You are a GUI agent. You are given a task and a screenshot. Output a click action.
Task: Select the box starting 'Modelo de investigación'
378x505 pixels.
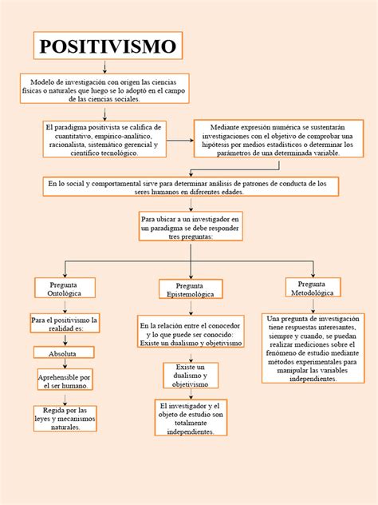coord(104,89)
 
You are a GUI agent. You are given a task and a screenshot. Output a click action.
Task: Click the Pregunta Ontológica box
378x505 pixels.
coord(65,288)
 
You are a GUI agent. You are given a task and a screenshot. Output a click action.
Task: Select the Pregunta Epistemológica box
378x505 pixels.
coord(190,290)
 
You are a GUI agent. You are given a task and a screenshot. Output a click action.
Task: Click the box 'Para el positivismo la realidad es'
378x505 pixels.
coord(65,324)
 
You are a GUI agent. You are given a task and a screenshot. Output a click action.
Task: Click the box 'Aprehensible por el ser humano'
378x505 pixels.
coord(65,380)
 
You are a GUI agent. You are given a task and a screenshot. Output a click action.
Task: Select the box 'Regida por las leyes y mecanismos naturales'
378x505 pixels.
coord(65,418)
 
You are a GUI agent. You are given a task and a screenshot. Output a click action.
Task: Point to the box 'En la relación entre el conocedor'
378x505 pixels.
coord(191,334)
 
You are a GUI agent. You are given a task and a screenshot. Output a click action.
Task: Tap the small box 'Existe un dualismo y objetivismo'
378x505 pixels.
coord(190,375)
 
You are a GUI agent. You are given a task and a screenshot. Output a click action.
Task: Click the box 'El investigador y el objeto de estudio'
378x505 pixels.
coord(191,419)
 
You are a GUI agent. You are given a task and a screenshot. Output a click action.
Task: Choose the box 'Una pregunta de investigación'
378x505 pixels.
coord(312,348)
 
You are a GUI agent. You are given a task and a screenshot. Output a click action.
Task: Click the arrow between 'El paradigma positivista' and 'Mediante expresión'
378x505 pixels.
coord(179,140)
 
